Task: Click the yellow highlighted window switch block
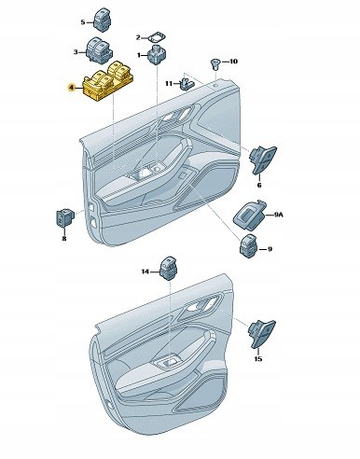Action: pyautogui.click(x=109, y=80)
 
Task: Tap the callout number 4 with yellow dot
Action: pyautogui.click(x=72, y=89)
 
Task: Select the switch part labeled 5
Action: pyautogui.click(x=104, y=20)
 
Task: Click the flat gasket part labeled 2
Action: pyautogui.click(x=156, y=38)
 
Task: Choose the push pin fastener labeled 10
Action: pyautogui.click(x=215, y=64)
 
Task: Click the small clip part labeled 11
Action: pyautogui.click(x=187, y=83)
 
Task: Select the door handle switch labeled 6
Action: pyautogui.click(x=263, y=160)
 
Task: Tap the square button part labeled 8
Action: pyautogui.click(x=64, y=217)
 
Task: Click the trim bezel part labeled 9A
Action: pyautogui.click(x=250, y=215)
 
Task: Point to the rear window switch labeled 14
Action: pyautogui.click(x=170, y=268)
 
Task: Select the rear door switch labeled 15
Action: pyautogui.click(x=263, y=334)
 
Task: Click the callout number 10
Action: pyautogui.click(x=233, y=62)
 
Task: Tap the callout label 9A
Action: pyautogui.click(x=279, y=215)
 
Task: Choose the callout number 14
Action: pyautogui.click(x=145, y=271)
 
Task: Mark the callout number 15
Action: pyautogui.click(x=258, y=359)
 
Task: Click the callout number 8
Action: pyautogui.click(x=64, y=239)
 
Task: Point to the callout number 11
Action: pyautogui.click(x=169, y=84)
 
